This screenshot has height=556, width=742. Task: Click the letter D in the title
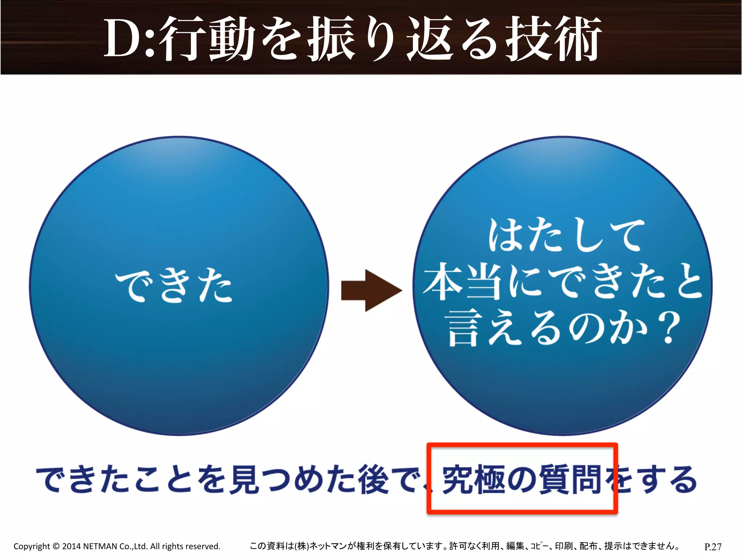tap(123, 38)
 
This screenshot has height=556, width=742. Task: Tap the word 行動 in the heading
tap(207, 39)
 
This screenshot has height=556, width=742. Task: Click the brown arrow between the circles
tap(371, 290)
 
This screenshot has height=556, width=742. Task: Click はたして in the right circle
tap(566, 235)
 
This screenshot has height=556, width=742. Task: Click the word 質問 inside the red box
tap(571, 480)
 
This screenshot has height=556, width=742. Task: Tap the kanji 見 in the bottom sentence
tap(245, 480)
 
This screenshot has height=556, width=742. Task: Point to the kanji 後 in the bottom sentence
tap(373, 480)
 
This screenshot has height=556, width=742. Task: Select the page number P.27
tap(713, 547)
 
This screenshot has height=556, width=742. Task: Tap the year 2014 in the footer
tap(71, 546)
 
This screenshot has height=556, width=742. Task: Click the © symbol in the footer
tap(56, 546)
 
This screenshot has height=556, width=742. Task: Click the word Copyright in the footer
tap(32, 546)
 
